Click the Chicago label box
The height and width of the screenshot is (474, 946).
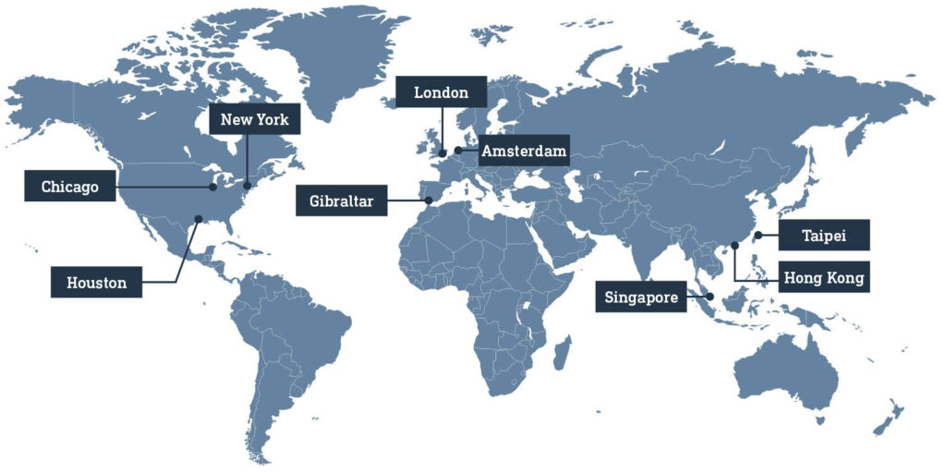(70, 187)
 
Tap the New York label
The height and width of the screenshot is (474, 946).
(254, 119)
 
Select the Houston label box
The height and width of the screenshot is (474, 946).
(96, 283)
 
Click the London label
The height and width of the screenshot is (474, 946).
(441, 92)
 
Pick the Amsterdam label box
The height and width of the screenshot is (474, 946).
(523, 151)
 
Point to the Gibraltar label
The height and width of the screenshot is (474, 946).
(341, 201)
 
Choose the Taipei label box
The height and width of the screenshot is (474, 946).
(824, 235)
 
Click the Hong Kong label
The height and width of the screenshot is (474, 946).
(824, 277)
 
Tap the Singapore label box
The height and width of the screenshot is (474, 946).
(641, 298)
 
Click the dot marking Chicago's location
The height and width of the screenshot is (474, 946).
(213, 187)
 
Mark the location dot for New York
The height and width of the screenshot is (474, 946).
(248, 186)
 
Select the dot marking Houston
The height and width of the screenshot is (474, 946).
(197, 219)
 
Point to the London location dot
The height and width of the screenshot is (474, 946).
(443, 153)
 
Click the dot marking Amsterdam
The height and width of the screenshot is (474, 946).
(458, 150)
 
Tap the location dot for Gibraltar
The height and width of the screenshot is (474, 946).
(428, 200)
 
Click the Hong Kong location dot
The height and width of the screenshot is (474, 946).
(734, 246)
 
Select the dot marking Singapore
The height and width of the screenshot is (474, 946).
(709, 297)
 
